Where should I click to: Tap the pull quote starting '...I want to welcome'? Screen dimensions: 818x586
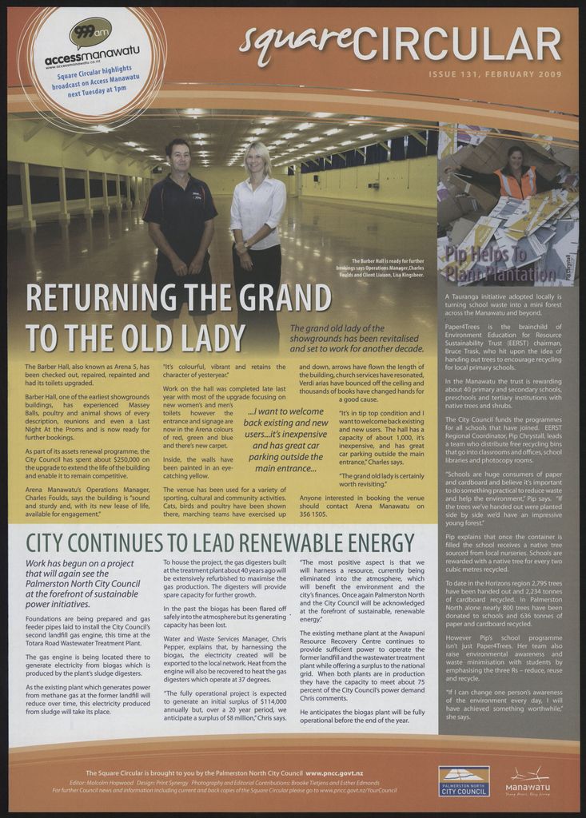(285, 439)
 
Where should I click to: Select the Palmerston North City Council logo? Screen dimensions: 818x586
(464, 780)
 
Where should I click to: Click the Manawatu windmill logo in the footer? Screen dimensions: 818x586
(528, 779)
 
